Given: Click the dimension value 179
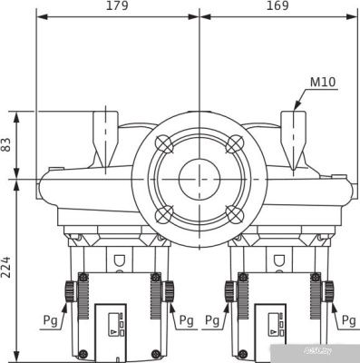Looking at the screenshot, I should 117,6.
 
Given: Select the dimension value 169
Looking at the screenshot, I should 277,6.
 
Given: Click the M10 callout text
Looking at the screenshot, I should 323,83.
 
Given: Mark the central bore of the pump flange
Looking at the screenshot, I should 199,179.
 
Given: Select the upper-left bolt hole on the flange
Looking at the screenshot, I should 163,143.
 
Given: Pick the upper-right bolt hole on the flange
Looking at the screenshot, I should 234,143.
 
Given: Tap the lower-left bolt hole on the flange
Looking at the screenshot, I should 163,214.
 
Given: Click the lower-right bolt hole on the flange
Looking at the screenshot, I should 234,214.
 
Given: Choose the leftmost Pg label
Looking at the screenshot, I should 51,320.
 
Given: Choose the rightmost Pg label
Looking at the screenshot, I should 348,320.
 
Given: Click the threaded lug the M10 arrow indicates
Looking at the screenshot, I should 297,136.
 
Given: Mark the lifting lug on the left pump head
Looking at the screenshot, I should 106,136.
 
